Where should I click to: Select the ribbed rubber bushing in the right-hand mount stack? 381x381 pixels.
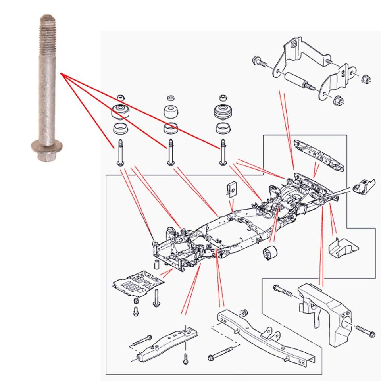pos(223,113)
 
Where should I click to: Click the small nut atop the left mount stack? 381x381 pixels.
pos(121,97)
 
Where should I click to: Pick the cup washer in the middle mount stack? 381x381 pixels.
pos(171,129)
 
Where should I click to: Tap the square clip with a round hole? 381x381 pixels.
pos(232,189)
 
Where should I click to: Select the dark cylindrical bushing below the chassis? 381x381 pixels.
pos(270,253)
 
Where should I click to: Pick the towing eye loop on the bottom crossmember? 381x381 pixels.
pos(270,333)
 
